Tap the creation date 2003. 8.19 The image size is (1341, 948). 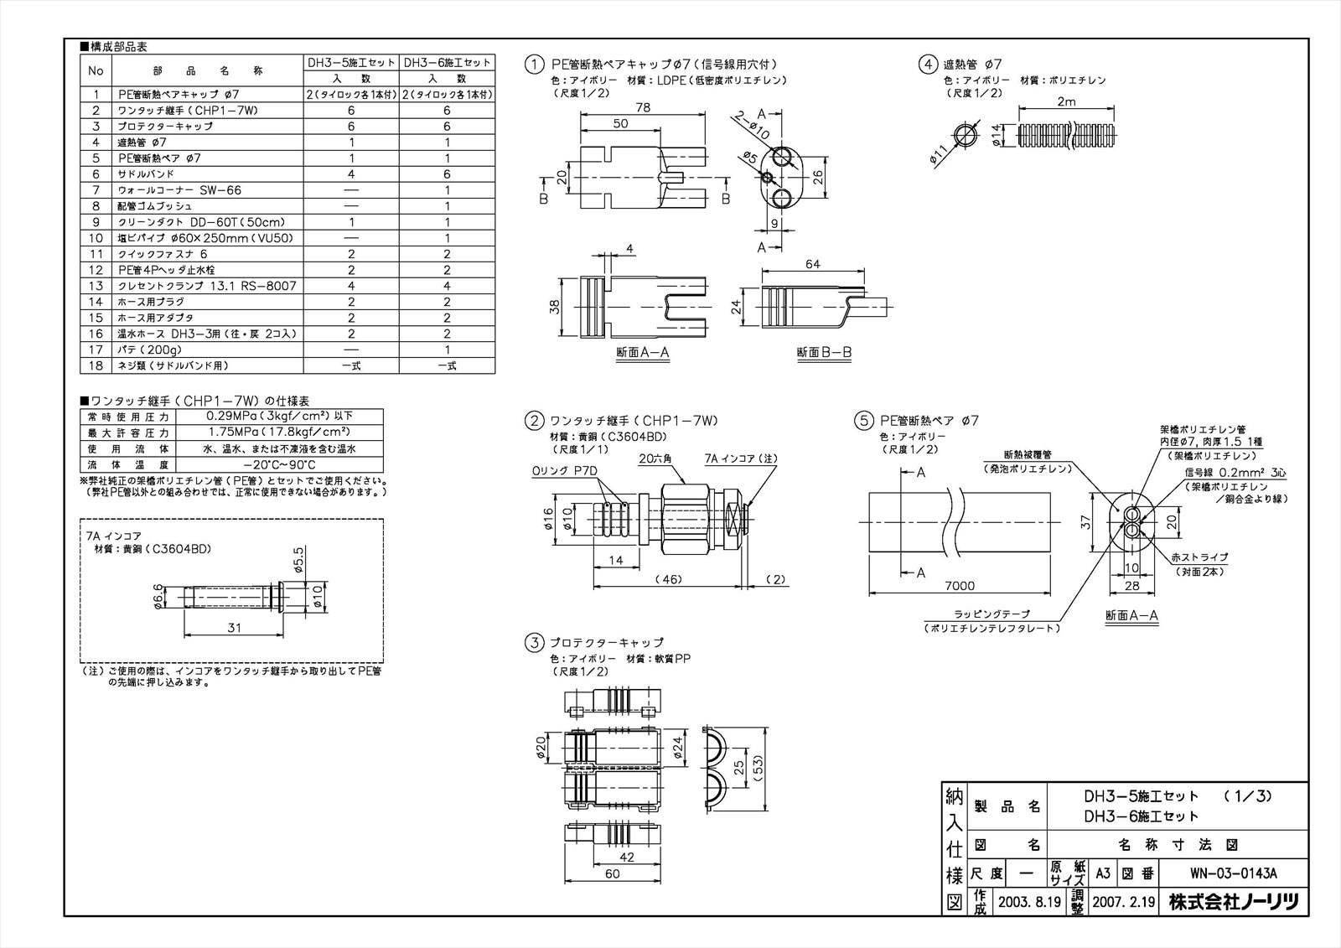click(x=1017, y=903)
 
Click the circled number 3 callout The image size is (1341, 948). click(x=533, y=644)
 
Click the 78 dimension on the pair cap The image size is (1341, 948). click(x=643, y=107)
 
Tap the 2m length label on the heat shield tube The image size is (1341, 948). click(x=1067, y=102)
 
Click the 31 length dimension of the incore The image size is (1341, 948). click(x=235, y=627)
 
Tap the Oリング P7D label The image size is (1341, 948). click(x=564, y=470)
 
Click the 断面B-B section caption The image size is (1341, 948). click(x=824, y=353)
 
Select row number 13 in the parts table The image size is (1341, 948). click(x=96, y=286)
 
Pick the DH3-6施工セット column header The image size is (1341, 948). click(x=447, y=63)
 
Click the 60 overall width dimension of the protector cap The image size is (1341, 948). click(x=613, y=873)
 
